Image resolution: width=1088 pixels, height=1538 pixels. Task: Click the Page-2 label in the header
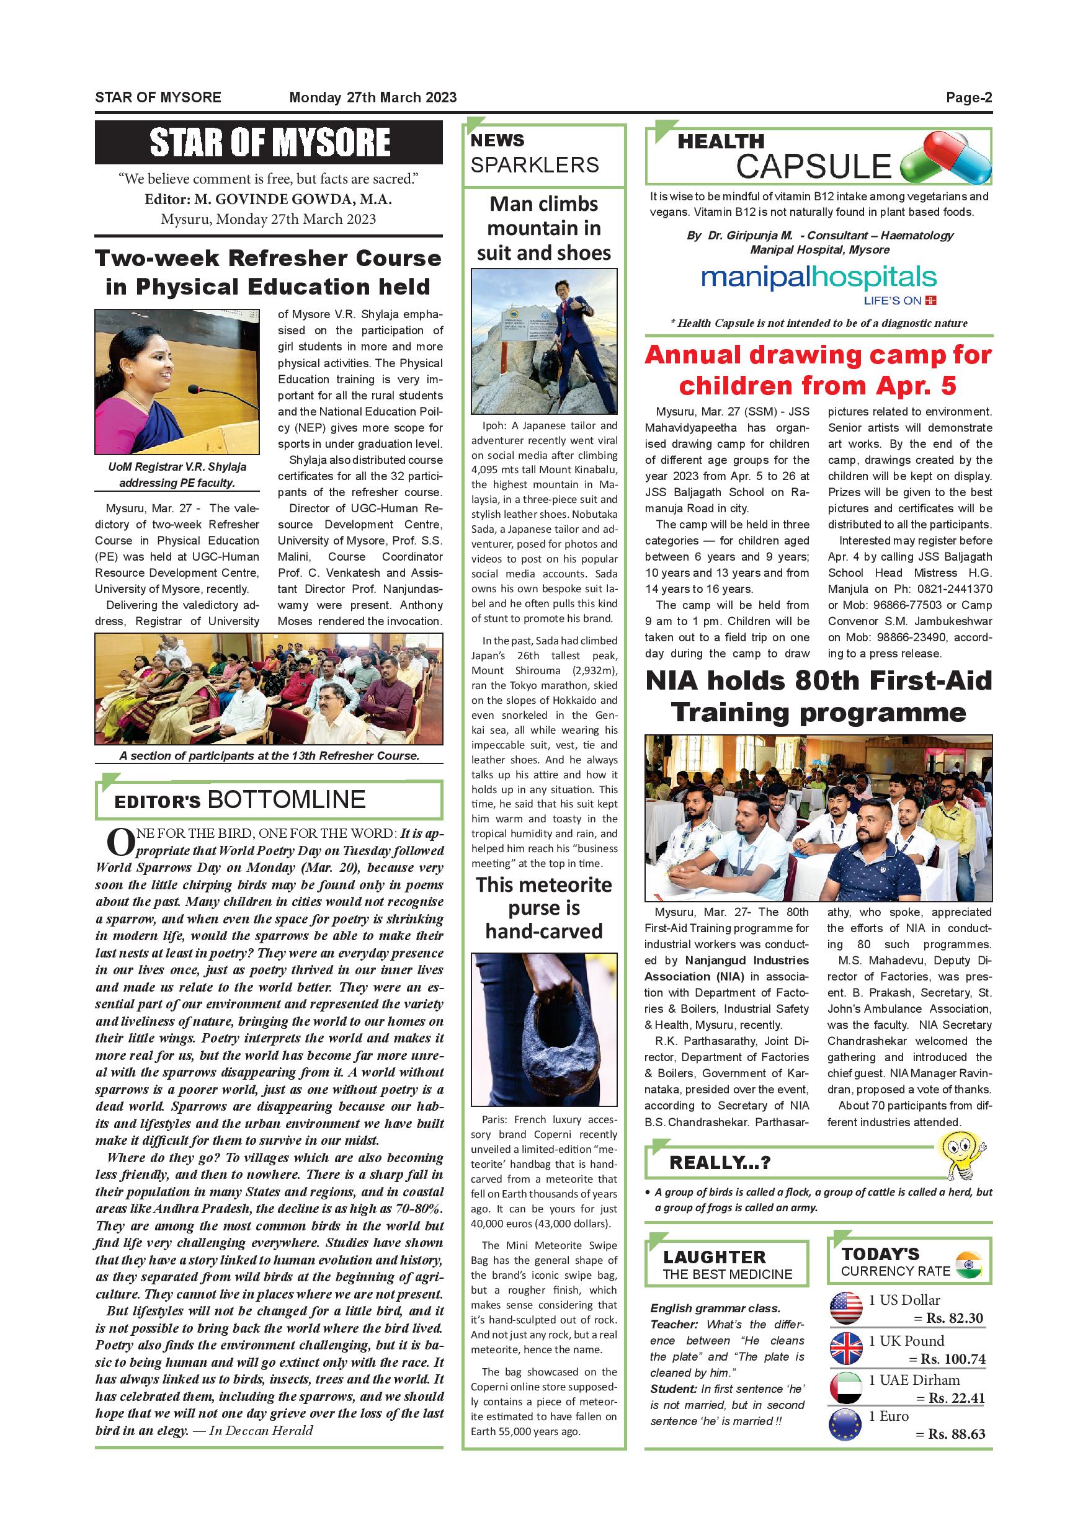(968, 98)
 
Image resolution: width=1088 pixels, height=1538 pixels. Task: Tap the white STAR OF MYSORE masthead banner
(269, 143)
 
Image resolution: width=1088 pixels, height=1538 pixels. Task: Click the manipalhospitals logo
(809, 278)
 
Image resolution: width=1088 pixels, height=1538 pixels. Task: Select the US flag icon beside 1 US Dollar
(845, 1307)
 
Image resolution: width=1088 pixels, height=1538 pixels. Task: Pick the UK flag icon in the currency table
(845, 1348)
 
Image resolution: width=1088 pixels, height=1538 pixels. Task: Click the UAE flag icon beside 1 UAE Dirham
(845, 1387)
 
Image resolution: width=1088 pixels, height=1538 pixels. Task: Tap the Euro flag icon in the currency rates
(845, 1424)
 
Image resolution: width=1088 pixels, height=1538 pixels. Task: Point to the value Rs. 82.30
(954, 1318)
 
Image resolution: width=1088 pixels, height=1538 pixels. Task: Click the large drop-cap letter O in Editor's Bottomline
(120, 843)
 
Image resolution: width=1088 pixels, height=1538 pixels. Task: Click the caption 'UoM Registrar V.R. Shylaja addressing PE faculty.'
(177, 474)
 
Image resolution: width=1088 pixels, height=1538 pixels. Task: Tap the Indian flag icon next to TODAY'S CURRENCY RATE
(968, 1264)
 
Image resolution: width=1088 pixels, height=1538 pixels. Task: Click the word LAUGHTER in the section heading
(714, 1256)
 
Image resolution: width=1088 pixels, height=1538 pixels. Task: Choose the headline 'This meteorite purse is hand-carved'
(543, 908)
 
